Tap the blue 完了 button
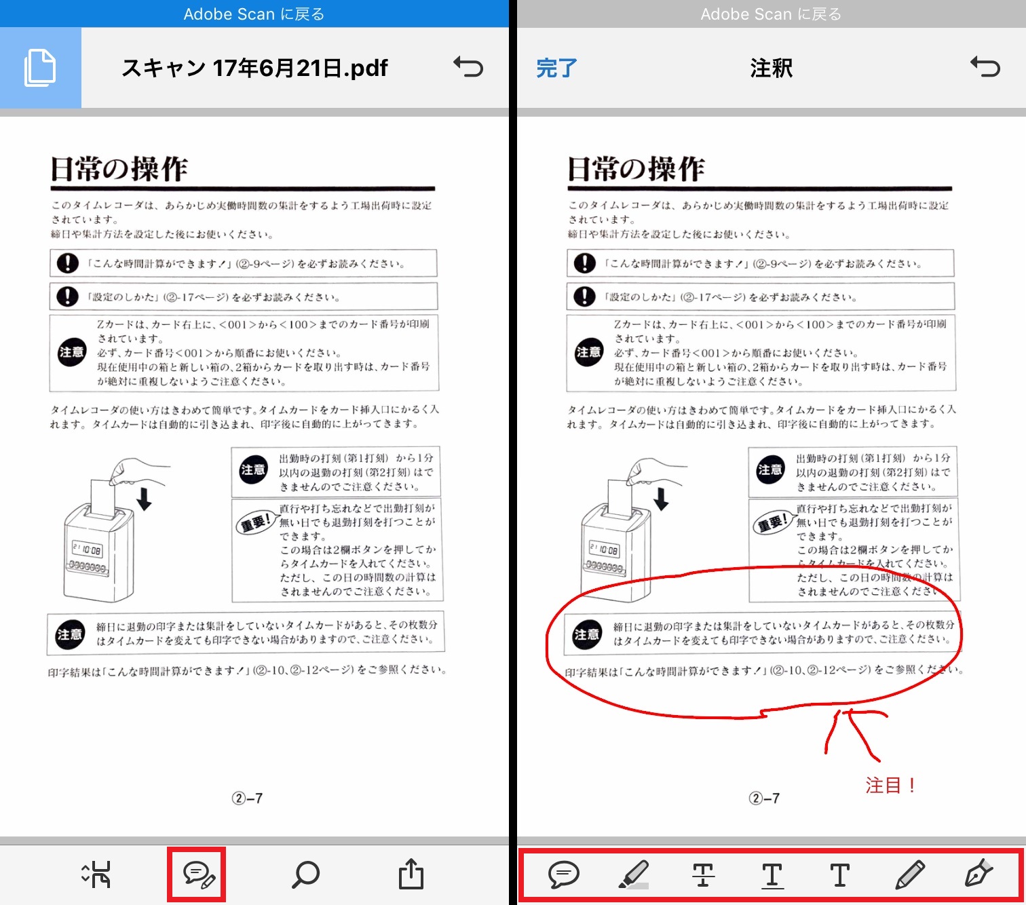coord(556,68)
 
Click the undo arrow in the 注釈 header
coord(985,67)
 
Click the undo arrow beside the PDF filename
coord(468,67)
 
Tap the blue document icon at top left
coord(40,67)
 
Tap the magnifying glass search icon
coord(305,874)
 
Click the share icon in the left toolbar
coord(411,874)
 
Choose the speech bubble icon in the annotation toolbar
coord(564,874)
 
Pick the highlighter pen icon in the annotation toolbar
coord(634,874)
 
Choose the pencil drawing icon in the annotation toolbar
coord(910,874)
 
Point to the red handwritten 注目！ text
coord(890,786)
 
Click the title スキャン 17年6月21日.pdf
coord(254,68)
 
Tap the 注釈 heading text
coord(772,68)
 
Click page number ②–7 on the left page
coord(247,798)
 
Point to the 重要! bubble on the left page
coord(256,522)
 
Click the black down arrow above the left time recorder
coord(145,499)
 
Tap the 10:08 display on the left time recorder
coord(88,549)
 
